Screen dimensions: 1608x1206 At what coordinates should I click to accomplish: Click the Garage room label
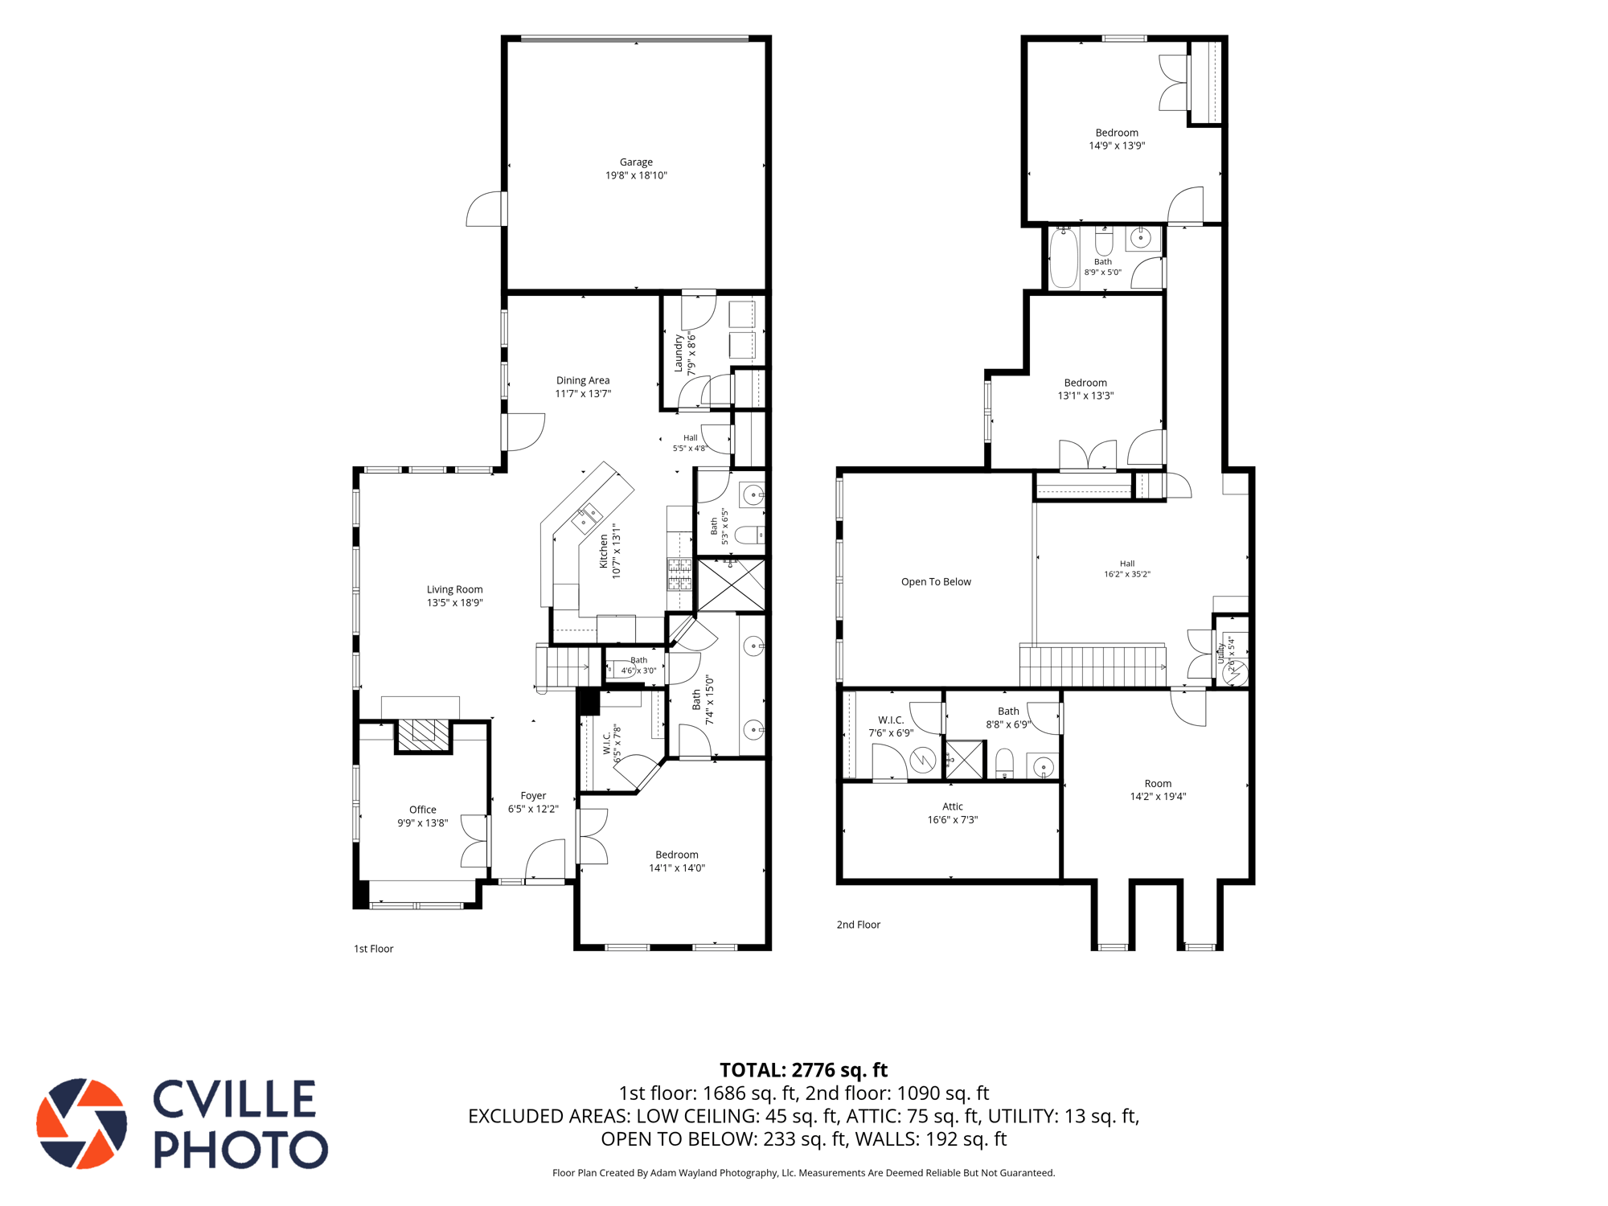636,162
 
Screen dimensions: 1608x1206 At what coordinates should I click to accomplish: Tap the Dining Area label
583,380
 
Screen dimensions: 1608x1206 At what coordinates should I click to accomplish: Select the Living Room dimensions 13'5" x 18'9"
455,603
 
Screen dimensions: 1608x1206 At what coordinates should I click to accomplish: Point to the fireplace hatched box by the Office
424,735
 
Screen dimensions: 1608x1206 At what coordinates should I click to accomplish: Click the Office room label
423,810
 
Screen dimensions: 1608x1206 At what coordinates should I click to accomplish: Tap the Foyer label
533,796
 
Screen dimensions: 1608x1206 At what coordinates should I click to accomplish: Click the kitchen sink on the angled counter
587,519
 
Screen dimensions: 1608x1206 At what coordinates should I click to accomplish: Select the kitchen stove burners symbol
679,574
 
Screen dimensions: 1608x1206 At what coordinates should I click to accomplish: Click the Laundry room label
679,354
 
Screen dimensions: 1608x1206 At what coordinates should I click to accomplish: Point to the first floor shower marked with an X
731,585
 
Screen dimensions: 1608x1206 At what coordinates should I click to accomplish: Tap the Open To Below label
936,582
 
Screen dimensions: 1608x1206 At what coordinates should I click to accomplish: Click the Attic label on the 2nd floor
953,806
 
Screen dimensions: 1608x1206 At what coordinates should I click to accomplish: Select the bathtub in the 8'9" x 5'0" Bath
1064,256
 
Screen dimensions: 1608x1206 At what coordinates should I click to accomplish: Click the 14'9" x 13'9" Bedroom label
1117,133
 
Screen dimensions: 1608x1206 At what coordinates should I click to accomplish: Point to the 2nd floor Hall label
1127,564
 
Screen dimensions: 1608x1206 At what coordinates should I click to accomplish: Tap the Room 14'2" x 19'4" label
1158,784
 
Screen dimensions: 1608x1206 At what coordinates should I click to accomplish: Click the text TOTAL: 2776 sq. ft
803,1070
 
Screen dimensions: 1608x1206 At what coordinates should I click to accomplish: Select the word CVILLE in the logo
234,1099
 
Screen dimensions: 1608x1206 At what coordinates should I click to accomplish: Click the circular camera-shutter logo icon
81,1123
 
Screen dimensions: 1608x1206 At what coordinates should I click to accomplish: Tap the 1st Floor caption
374,949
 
